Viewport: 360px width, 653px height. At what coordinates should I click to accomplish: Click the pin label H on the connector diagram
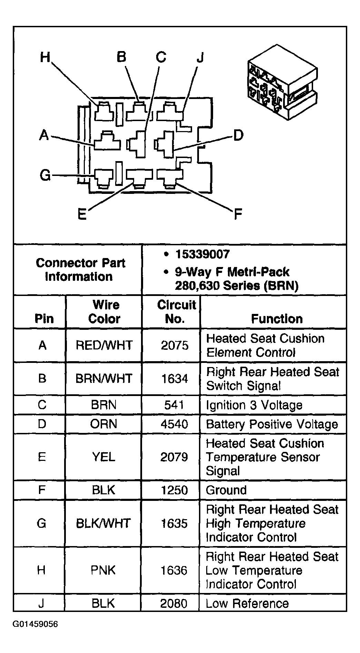point(45,57)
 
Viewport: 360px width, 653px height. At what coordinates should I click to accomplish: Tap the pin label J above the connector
point(200,58)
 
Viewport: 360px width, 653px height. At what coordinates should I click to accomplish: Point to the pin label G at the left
point(45,175)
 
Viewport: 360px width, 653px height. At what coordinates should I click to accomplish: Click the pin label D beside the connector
point(238,136)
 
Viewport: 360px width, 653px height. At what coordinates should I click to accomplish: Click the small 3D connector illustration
point(282,83)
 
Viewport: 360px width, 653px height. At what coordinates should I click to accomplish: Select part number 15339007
point(202,255)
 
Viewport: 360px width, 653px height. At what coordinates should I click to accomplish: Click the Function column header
point(277,318)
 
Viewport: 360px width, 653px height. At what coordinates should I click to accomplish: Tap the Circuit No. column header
point(176,311)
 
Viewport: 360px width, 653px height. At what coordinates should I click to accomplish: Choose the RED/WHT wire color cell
point(104,345)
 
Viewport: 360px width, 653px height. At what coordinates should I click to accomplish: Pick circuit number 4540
point(174,424)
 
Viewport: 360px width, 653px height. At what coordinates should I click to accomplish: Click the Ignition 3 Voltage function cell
point(254,405)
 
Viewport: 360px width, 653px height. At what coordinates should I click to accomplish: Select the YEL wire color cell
point(103,457)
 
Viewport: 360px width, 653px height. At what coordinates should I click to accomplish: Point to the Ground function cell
point(226,490)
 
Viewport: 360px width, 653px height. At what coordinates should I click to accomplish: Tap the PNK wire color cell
point(103,570)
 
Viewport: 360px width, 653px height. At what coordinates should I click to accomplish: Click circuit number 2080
point(174,603)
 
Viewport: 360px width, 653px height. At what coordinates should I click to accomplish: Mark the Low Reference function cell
point(247,603)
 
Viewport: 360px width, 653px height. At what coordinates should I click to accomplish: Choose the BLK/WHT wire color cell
point(103,523)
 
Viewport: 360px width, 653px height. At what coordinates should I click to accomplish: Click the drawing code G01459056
point(36,624)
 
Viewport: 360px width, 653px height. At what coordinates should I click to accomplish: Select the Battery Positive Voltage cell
point(272,424)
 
